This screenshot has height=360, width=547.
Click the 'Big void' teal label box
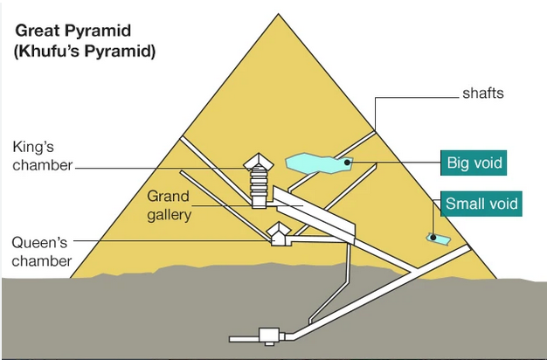click(x=475, y=163)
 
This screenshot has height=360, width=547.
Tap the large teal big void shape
click(x=316, y=163)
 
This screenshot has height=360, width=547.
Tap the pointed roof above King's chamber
click(x=259, y=161)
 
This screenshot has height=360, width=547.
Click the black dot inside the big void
click(x=347, y=162)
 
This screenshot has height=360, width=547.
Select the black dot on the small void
click(x=431, y=237)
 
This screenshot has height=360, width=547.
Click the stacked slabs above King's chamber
click(x=259, y=181)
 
